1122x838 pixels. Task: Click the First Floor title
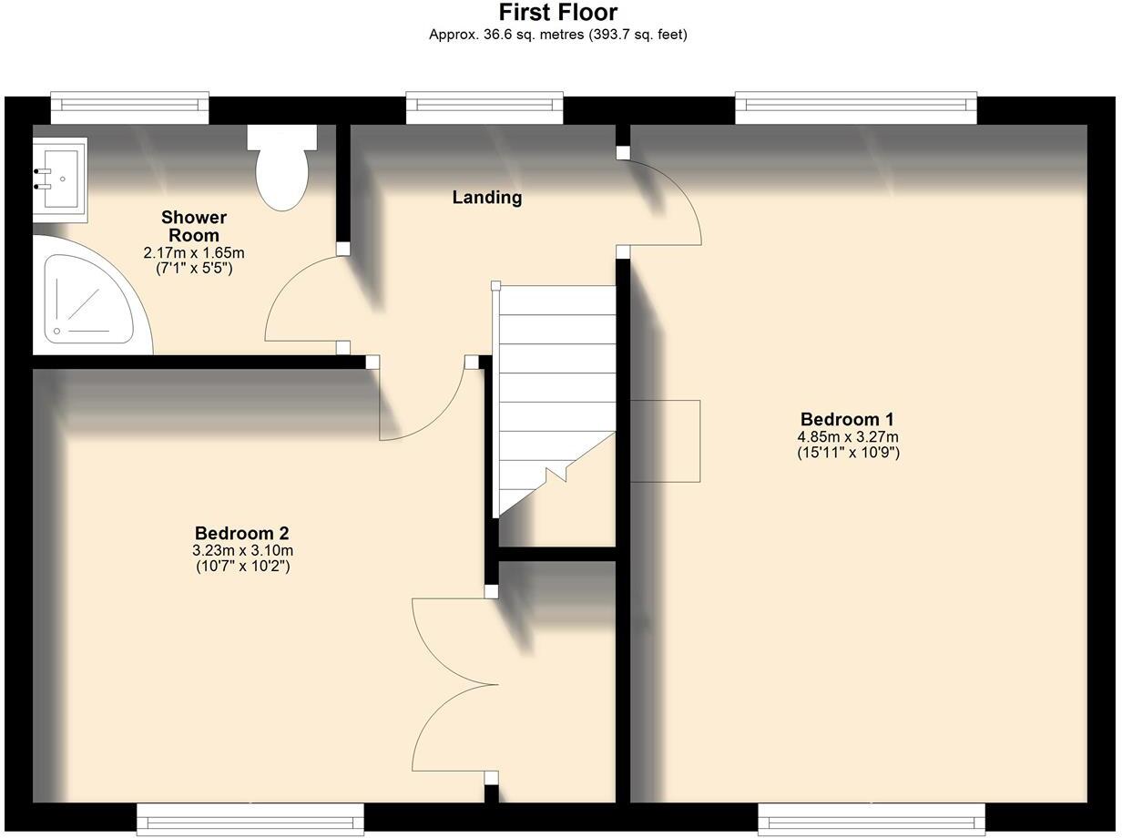tap(557, 13)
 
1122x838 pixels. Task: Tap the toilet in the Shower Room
tap(281, 169)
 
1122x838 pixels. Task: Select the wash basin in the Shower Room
tap(59, 179)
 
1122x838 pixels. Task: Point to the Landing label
tap(487, 197)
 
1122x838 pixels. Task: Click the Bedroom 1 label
tap(847, 419)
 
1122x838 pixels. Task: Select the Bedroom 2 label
tap(242, 533)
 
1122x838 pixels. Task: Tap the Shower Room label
tap(194, 226)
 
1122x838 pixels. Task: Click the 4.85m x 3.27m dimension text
tap(848, 436)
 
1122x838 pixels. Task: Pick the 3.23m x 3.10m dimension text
tap(242, 550)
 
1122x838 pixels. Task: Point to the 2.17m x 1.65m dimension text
tap(194, 252)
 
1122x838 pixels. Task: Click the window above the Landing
tap(484, 107)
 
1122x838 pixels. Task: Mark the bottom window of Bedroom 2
tap(250, 818)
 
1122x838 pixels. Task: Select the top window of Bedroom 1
tap(856, 107)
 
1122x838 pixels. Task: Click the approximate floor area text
tap(557, 35)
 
